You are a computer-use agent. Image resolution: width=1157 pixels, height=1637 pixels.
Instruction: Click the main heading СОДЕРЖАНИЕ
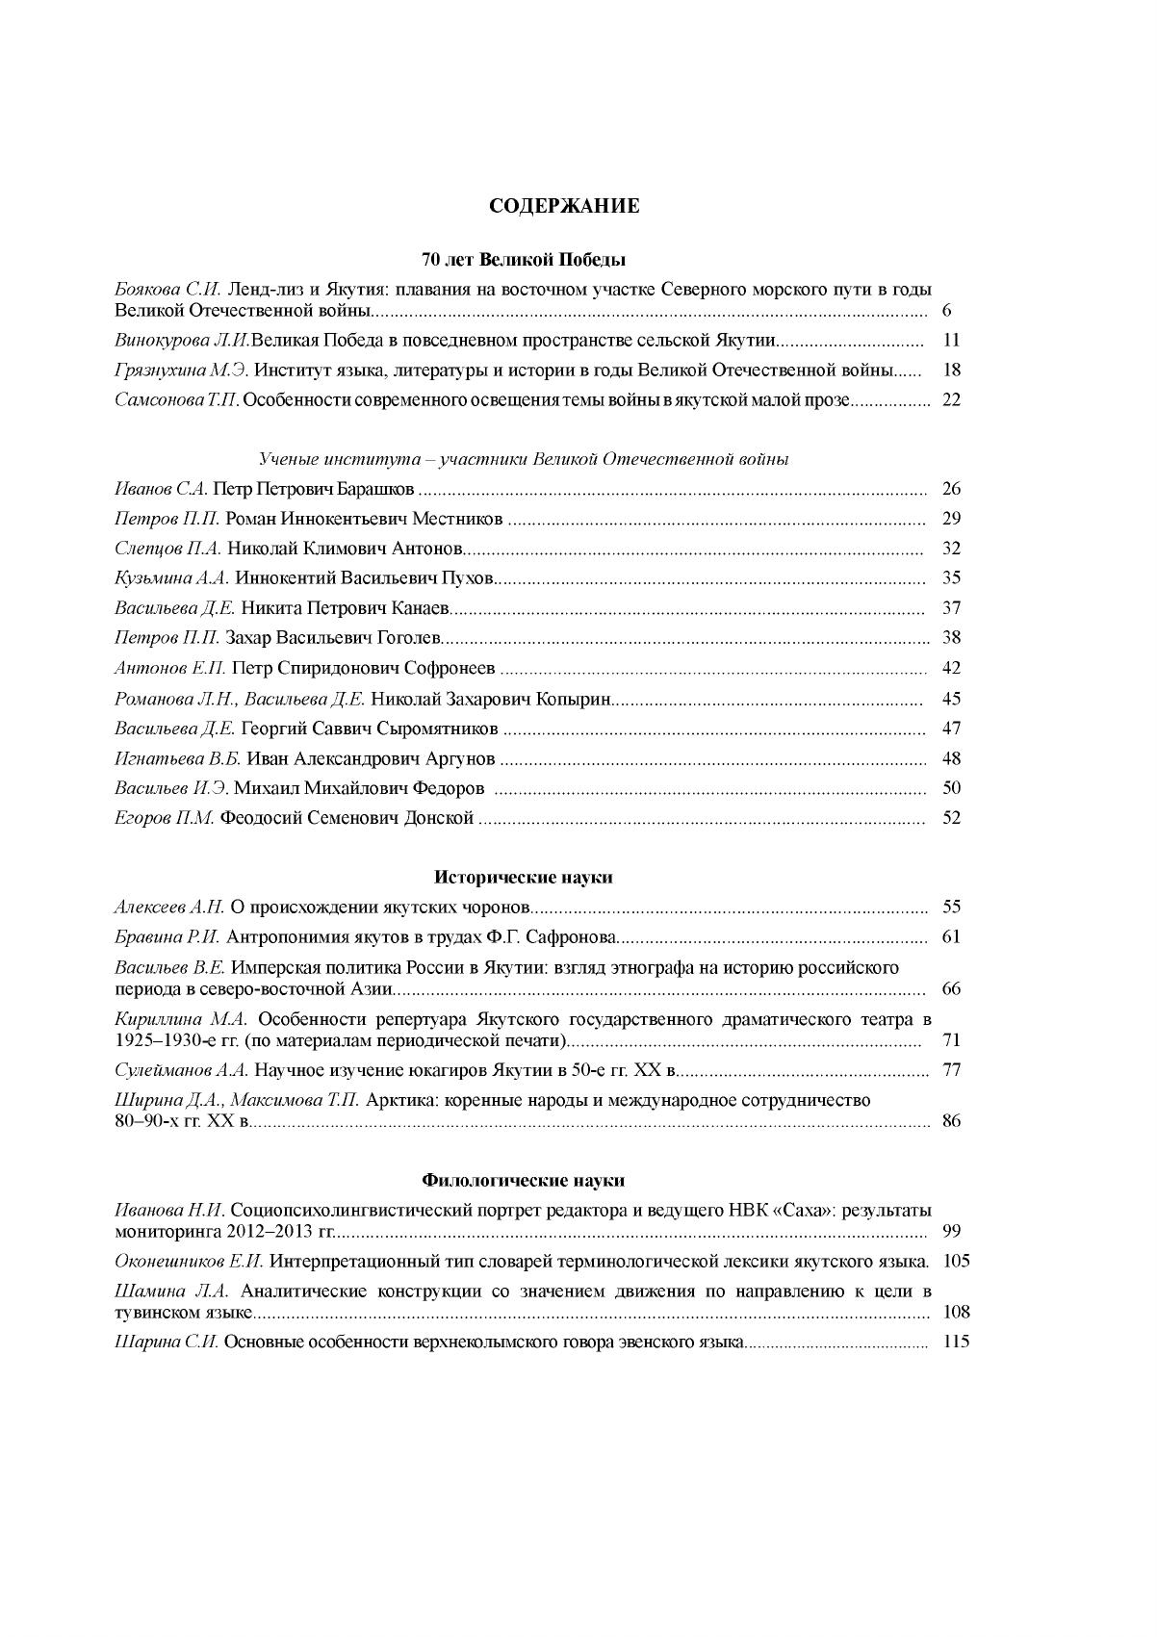click(564, 206)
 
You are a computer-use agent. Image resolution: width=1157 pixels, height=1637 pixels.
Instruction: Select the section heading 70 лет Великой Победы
click(524, 260)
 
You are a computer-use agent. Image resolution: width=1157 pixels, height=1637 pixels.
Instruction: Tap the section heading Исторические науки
click(524, 878)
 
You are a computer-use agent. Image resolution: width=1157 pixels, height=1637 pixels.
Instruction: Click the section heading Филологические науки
click(524, 1180)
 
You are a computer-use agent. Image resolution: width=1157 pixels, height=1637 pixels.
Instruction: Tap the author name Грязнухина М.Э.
click(182, 371)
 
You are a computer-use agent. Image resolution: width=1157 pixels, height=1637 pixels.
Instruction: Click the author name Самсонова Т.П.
click(176, 400)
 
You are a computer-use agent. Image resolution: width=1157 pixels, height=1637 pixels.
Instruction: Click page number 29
click(951, 520)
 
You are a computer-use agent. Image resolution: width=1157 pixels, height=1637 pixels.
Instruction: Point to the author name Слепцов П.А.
click(167, 550)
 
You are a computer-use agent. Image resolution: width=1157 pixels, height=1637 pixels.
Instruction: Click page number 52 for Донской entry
click(951, 819)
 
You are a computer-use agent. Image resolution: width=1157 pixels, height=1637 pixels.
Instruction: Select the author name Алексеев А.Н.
click(169, 908)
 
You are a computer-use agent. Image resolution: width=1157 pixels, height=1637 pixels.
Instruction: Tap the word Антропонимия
click(290, 937)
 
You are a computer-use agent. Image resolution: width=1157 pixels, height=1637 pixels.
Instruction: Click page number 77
click(951, 1070)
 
